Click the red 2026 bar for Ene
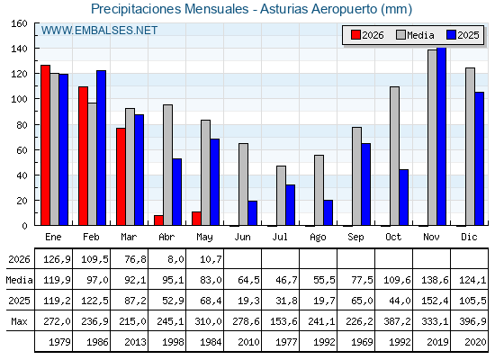45,145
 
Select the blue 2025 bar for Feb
101,148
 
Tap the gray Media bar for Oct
394,156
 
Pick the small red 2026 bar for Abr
158,220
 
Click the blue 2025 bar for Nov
441,137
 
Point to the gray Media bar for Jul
281,195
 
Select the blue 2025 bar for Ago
328,212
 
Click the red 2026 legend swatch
355,35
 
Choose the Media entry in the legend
415,35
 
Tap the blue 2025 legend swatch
451,35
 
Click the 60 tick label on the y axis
22,150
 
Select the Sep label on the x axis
355,237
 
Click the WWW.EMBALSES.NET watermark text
99,31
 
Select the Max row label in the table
19,321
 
